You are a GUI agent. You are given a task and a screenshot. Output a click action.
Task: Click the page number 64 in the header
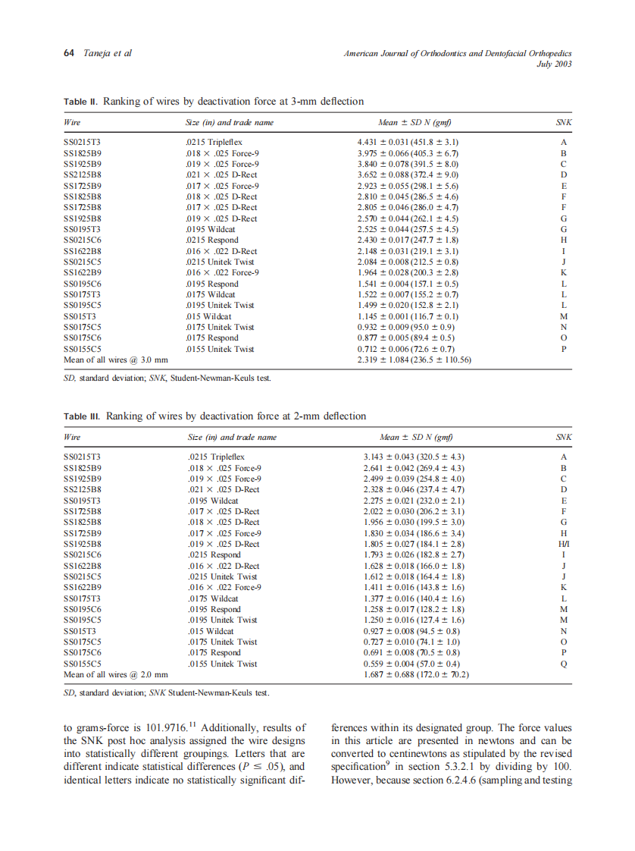[68, 53]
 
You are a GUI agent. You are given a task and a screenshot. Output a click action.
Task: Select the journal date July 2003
[554, 64]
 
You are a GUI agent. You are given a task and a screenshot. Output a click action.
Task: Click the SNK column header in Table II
[564, 122]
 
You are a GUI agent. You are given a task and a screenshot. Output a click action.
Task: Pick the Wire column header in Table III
[73, 437]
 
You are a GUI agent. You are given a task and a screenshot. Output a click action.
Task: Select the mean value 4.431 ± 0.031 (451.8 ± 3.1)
[408, 142]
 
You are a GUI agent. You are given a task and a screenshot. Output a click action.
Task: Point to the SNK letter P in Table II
[564, 349]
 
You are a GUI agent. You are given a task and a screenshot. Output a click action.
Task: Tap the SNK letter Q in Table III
[564, 664]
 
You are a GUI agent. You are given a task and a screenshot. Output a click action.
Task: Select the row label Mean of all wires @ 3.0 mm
[115, 360]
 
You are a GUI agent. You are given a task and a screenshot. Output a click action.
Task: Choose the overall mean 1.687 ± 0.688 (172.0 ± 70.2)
[417, 674]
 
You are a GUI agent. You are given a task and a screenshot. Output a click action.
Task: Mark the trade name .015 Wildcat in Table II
[208, 316]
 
